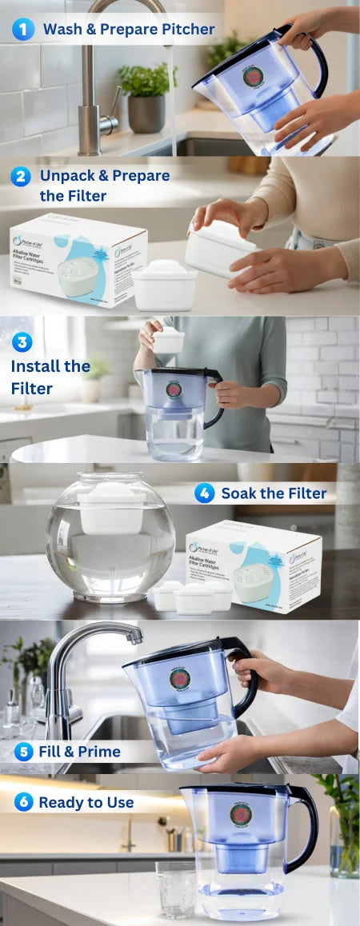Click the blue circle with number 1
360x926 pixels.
click(22, 30)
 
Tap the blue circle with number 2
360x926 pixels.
click(21, 177)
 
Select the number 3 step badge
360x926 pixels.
click(22, 343)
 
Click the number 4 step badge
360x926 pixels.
click(204, 493)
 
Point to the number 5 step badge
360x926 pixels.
click(23, 752)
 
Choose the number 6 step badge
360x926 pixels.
click(23, 802)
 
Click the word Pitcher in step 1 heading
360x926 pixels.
click(185, 30)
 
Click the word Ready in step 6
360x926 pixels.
click(61, 802)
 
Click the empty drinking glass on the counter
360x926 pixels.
click(175, 889)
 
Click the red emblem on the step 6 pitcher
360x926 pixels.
click(242, 814)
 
